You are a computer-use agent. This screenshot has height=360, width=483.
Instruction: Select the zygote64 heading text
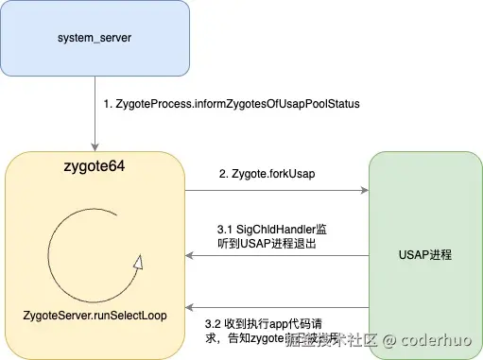click(x=93, y=167)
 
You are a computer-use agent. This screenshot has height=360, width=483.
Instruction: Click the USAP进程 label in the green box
click(x=426, y=256)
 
